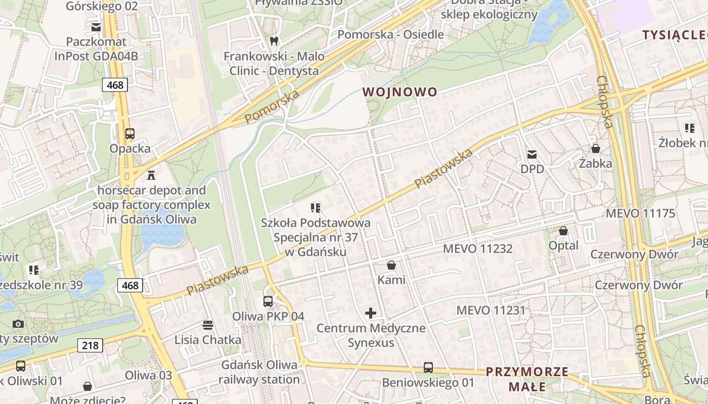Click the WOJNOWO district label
coord(400,92)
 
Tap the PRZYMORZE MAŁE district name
coord(527,379)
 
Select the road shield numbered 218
coord(90,345)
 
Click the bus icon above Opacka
coord(130,134)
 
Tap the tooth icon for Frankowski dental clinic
coord(274,41)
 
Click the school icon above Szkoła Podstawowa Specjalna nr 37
coord(316,208)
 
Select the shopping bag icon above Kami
coord(391,265)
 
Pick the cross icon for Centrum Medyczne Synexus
coord(371,313)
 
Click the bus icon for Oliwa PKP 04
coord(268,301)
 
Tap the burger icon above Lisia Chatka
coord(207,325)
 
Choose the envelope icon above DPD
coord(532,154)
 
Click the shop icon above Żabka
coord(596,148)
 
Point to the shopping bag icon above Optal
coord(563,231)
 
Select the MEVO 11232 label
coord(477,248)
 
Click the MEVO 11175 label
coord(640,213)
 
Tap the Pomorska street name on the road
coord(272,108)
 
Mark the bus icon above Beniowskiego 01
coord(428,367)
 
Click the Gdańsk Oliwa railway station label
coord(259,372)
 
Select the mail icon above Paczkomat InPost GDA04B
coord(96,27)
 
